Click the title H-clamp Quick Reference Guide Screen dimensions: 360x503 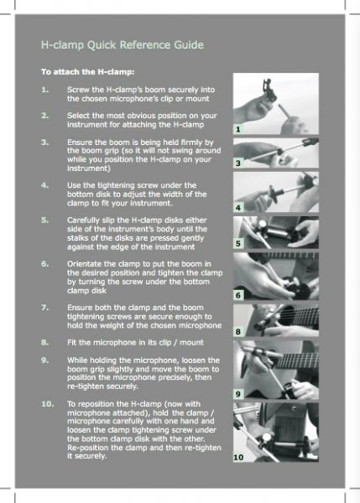tap(123, 45)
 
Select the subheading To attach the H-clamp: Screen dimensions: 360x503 tap(87, 72)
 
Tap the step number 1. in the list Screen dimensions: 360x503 tap(45, 90)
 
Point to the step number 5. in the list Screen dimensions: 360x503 tap(45, 220)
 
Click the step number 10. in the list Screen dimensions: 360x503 tap(47, 404)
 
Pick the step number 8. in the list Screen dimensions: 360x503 tap(45, 343)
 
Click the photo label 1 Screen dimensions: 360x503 tap(238, 129)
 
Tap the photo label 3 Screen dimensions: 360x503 tap(238, 163)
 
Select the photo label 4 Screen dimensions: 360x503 tap(238, 208)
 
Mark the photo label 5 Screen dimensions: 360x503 tap(238, 243)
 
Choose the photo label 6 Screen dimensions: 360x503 tap(238, 295)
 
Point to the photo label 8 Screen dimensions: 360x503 tap(238, 331)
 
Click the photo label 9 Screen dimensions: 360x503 tap(238, 394)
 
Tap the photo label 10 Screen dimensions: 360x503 tap(238, 457)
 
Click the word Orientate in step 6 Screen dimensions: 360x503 tap(82, 264)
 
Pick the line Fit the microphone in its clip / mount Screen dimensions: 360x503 tap(135, 343)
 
